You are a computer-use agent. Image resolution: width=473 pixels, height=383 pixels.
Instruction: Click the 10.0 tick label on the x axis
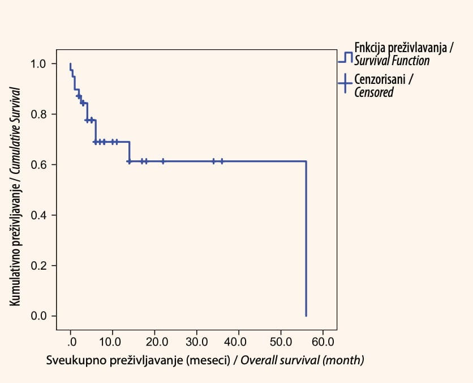(x=110, y=342)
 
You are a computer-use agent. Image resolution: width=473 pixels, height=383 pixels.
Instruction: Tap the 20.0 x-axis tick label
(x=157, y=342)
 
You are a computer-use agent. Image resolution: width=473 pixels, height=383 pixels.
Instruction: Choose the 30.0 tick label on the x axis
(x=197, y=342)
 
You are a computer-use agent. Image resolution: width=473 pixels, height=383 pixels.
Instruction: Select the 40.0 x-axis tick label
(x=235, y=342)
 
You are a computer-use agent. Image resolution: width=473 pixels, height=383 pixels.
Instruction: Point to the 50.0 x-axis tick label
(x=281, y=342)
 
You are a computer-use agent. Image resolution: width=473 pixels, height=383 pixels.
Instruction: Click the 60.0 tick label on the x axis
(x=323, y=342)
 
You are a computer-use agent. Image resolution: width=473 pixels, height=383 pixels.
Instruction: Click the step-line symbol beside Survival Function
(x=345, y=57)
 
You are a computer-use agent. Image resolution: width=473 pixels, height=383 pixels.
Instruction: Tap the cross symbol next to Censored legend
(x=345, y=83)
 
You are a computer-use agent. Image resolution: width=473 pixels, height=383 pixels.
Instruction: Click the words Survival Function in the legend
(x=392, y=61)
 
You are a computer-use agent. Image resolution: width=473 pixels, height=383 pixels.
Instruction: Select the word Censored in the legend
(x=374, y=92)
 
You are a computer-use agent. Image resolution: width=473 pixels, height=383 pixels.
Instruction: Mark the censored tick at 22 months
(x=163, y=161)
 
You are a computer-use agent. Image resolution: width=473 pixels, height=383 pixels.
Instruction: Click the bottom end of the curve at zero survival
(x=306, y=316)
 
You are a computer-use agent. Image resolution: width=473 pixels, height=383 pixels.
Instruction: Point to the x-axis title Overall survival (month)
(x=302, y=360)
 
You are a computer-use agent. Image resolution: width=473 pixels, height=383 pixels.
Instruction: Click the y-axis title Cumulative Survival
(x=15, y=131)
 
